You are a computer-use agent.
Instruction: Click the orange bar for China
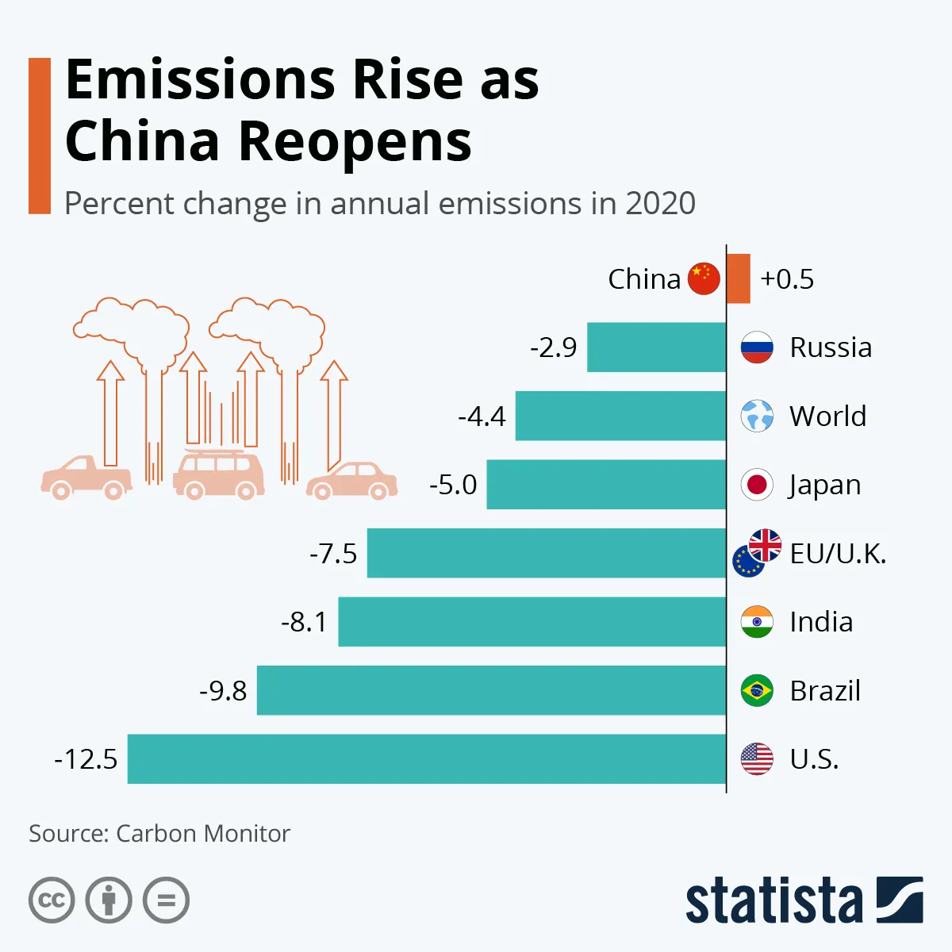738,278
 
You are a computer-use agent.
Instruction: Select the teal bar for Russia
656,347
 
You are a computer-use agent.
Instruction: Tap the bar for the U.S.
427,759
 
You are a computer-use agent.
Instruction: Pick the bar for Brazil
491,690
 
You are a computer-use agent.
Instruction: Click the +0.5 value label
787,279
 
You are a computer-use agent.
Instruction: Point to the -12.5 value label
86,759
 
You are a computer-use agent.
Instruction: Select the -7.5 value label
333,553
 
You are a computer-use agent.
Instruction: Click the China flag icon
704,278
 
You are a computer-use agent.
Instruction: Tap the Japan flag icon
757,485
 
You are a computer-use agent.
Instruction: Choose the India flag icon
757,622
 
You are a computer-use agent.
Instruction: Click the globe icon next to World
757,416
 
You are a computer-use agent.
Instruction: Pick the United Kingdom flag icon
766,545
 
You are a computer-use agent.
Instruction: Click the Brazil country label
825,691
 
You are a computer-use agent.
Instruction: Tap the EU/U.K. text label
838,553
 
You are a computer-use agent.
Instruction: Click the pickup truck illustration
86,478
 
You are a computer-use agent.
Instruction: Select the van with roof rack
218,475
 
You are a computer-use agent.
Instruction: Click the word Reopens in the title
355,141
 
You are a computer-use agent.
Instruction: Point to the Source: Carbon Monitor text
159,834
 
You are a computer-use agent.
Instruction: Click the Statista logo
804,900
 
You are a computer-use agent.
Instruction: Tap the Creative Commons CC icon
52,900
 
